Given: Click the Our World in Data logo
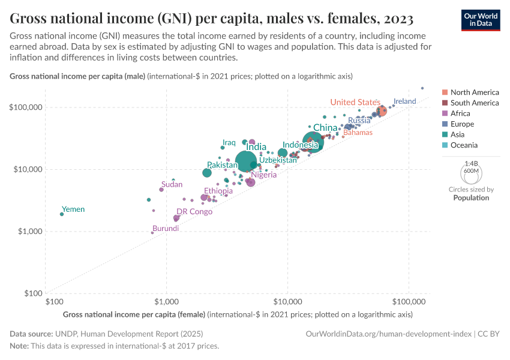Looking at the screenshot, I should click(481, 19).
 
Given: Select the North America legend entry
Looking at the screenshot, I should click(474, 92).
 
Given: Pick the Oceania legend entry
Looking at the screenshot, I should click(464, 145).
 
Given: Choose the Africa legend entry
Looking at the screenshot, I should click(460, 113).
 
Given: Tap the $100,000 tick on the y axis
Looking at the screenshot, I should click(26, 107).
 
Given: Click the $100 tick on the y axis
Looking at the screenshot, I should click(32, 293).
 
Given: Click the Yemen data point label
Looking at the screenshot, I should click(73, 209).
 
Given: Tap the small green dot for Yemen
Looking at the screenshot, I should click(62, 214).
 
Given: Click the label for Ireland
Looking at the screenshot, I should click(404, 101).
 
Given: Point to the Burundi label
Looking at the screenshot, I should click(165, 229).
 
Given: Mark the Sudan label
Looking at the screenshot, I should click(172, 184).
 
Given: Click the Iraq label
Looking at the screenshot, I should click(229, 142).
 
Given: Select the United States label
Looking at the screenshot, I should click(355, 102).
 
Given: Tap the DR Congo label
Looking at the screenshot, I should click(194, 211).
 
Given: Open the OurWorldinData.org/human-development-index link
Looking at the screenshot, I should click(388, 334).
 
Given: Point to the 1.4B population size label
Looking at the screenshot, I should click(471, 163).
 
